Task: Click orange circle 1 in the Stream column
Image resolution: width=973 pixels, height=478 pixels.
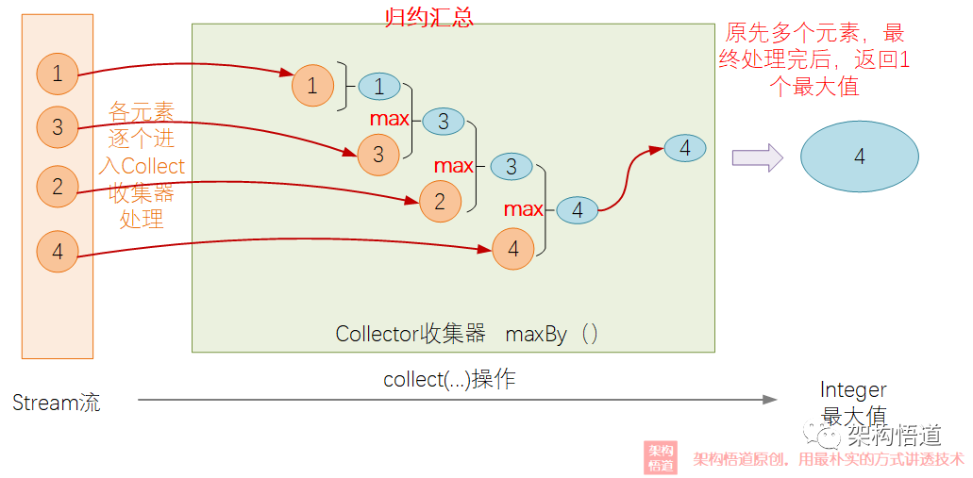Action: pyautogui.click(x=58, y=74)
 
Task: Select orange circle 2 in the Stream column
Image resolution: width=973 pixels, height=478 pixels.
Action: pyautogui.click(x=58, y=187)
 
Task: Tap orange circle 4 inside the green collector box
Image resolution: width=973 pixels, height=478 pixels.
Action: pyautogui.click(x=512, y=249)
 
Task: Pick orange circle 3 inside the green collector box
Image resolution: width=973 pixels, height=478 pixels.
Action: pyautogui.click(x=378, y=155)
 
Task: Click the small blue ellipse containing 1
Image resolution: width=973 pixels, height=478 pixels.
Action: pyautogui.click(x=378, y=87)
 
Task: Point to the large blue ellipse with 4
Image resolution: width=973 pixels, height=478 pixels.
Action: pyautogui.click(x=859, y=157)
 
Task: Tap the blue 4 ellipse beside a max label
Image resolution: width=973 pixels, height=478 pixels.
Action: pyautogui.click(x=577, y=210)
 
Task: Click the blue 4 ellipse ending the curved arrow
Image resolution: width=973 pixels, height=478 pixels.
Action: pyautogui.click(x=684, y=148)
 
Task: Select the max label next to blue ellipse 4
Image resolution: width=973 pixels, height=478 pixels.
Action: pyautogui.click(x=523, y=209)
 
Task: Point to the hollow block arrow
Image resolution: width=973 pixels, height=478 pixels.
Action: pyautogui.click(x=758, y=157)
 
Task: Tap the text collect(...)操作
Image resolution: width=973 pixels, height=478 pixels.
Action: pyautogui.click(x=449, y=379)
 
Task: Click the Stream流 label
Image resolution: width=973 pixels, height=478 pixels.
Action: pyautogui.click(x=57, y=403)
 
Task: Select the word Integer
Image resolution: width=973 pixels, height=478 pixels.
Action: pyautogui.click(x=853, y=390)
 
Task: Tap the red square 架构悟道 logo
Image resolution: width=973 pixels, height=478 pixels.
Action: pyautogui.click(x=661, y=457)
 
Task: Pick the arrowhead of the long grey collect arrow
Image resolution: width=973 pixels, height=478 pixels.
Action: pyautogui.click(x=769, y=400)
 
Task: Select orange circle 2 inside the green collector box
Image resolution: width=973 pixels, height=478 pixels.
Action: pyautogui.click(x=440, y=202)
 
